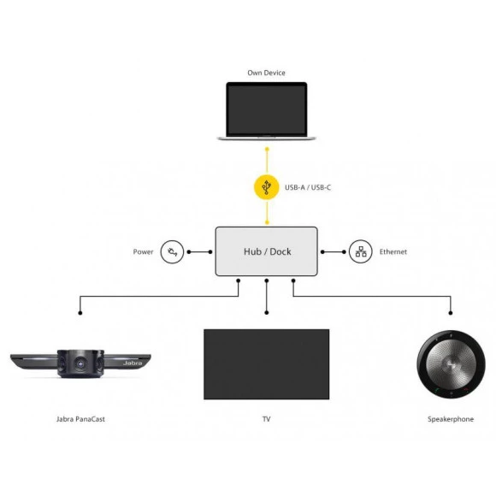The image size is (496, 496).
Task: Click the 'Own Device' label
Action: [x=266, y=73]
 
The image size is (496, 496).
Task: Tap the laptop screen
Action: [x=266, y=109]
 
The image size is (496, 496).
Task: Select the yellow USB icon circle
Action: [x=267, y=187]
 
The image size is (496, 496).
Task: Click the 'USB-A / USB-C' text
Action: [x=308, y=187]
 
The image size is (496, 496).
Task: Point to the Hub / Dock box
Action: [x=266, y=251]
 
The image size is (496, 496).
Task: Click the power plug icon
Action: [x=172, y=251]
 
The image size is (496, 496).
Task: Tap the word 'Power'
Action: [x=143, y=251]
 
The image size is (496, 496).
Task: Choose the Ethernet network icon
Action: [x=361, y=251]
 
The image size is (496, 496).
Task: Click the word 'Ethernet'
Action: [x=393, y=251]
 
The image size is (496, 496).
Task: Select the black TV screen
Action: [x=266, y=364]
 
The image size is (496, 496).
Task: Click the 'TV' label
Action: [x=266, y=419]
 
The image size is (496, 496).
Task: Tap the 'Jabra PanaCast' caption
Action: [x=80, y=419]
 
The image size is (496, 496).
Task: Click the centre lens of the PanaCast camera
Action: [x=80, y=364]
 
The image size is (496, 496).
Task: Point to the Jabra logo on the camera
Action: [x=133, y=363]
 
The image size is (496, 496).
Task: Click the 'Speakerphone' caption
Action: [x=451, y=419]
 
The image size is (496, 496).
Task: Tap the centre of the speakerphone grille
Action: [x=451, y=364]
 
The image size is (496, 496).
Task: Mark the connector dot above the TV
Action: [x=267, y=312]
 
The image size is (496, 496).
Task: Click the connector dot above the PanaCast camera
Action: [x=80, y=313]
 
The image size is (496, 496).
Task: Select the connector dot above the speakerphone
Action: [x=451, y=313]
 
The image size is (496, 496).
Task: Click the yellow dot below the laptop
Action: [x=267, y=149]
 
